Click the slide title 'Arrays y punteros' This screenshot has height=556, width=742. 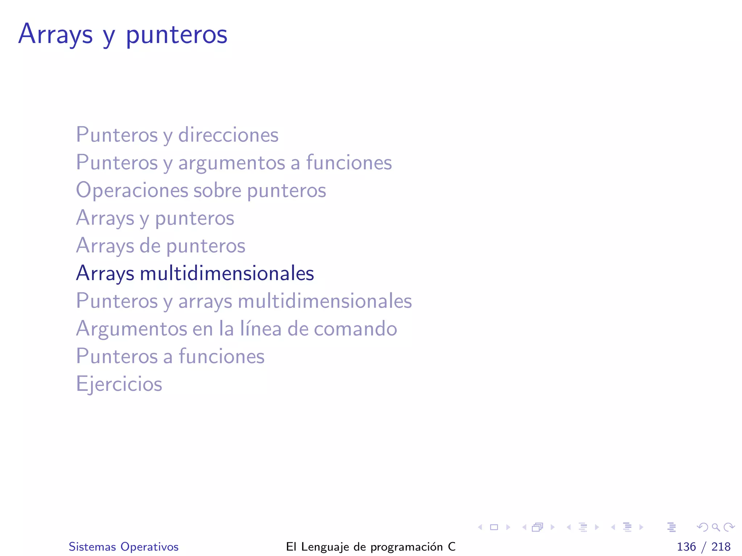123,34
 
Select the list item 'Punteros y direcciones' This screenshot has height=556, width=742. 177,135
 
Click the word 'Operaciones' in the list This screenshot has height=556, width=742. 132,190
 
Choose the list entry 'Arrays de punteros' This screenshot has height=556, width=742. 161,246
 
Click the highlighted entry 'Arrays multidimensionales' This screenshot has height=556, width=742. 195,273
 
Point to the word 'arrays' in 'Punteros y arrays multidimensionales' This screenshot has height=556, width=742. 205,301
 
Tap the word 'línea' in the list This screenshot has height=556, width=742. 260,329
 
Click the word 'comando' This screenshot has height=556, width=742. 355,329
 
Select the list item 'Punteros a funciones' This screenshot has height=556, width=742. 170,357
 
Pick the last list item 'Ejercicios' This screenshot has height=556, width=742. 119,384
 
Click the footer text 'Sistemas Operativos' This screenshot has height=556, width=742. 124,547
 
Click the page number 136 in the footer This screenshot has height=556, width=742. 686,547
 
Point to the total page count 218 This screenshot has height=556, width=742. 721,547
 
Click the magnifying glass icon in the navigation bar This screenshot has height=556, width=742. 716,527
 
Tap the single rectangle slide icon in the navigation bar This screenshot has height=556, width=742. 494,527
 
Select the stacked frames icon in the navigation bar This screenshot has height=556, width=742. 538,527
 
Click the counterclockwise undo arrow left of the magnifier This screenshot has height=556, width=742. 702,527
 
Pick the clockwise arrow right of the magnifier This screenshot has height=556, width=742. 729,527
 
